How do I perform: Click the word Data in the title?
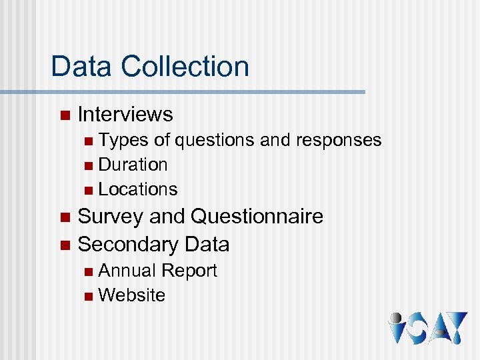click(x=83, y=67)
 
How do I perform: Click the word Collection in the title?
click(x=185, y=67)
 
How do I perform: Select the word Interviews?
click(x=125, y=115)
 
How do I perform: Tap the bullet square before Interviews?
click(x=64, y=115)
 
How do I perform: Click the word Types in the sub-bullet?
click(x=124, y=140)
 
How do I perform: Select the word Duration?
click(x=133, y=165)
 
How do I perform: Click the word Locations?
click(x=138, y=189)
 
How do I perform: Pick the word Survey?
click(x=111, y=217)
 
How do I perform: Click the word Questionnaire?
click(x=257, y=217)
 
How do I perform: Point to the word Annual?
click(x=127, y=271)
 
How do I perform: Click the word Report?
click(x=189, y=271)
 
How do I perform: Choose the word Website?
click(x=131, y=295)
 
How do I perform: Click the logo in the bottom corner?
click(x=428, y=328)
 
